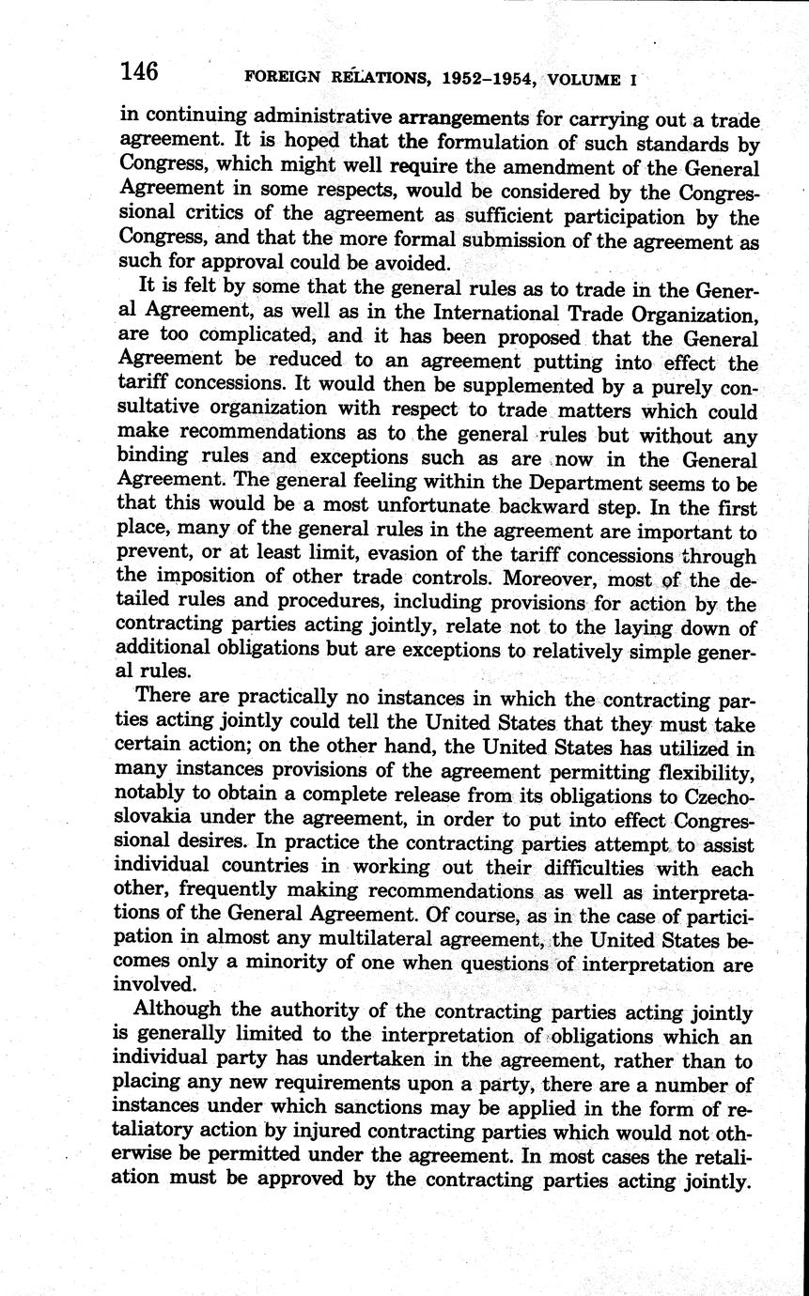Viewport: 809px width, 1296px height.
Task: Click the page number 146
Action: (139, 71)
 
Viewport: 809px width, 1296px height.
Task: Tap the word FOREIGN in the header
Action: (279, 81)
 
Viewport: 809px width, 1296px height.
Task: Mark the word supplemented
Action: (499, 385)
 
